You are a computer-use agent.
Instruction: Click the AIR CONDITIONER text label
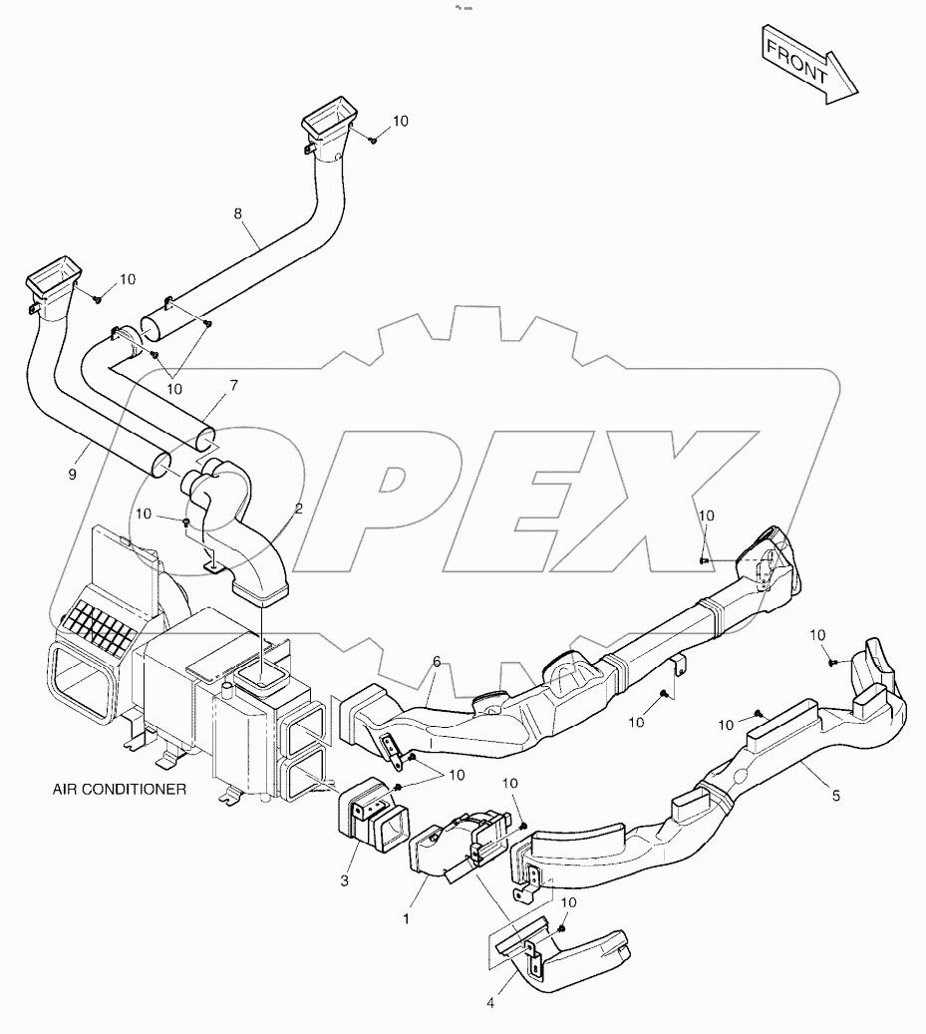coord(120,789)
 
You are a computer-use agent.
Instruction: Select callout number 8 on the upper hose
coord(237,212)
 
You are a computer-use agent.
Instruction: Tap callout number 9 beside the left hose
coord(72,476)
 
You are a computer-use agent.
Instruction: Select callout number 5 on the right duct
coord(835,796)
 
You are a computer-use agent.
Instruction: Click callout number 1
coord(407,918)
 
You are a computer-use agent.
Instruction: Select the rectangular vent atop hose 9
coord(55,281)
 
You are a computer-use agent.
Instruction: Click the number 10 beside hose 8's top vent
coord(400,121)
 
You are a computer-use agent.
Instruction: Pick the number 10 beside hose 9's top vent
coord(128,279)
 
